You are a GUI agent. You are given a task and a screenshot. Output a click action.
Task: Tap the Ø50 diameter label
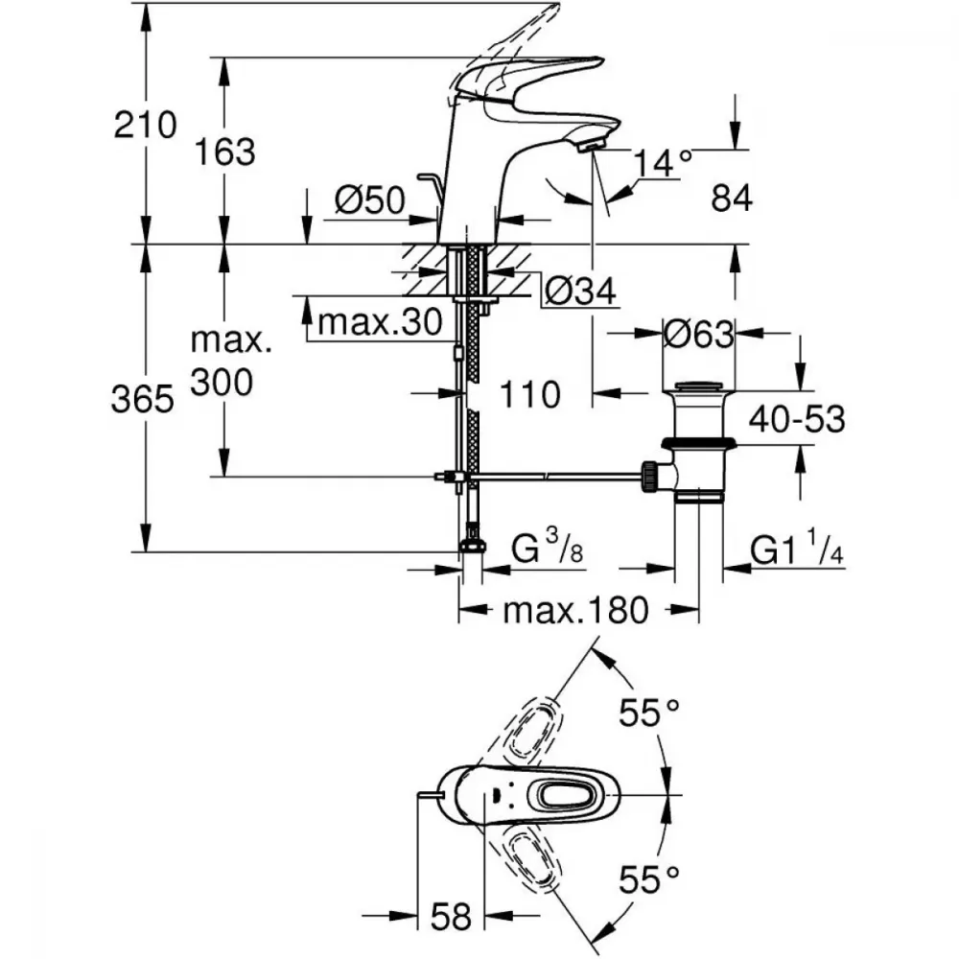coord(370,200)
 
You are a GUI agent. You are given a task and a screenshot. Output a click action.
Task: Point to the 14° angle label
coord(663,164)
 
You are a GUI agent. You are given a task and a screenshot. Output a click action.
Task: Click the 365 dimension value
coord(142,399)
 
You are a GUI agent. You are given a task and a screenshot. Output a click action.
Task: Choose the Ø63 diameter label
coord(698,335)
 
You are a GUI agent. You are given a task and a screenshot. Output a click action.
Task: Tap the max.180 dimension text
coord(575,609)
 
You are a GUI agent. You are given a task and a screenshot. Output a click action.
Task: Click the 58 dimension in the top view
coord(451,917)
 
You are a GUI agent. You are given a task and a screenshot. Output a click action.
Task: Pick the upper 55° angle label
coord(648,712)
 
